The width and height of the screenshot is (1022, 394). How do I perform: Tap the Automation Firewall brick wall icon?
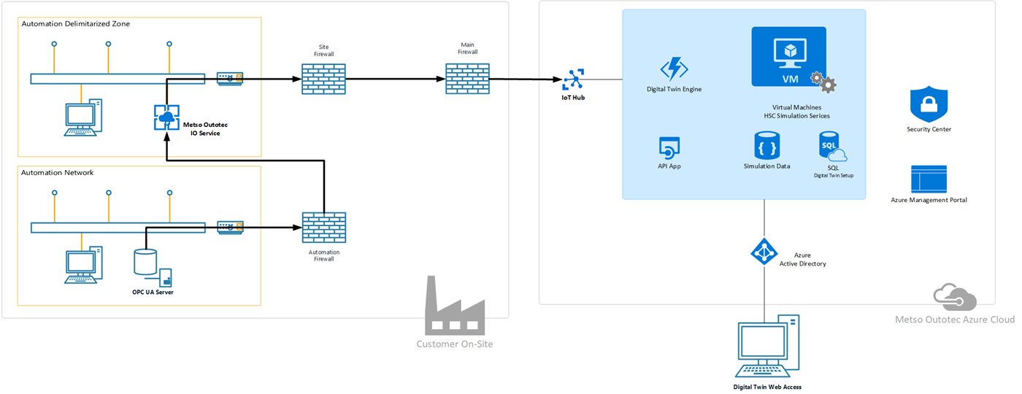point(323,228)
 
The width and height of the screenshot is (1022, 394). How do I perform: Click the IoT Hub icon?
point(572,78)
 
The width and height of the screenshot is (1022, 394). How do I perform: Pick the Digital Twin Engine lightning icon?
point(674,69)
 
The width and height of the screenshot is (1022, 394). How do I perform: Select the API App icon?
point(669,148)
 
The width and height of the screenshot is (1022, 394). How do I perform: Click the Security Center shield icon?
point(928,105)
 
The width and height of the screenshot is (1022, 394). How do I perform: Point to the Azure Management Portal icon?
point(929,179)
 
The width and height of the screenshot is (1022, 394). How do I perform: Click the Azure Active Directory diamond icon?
point(764,252)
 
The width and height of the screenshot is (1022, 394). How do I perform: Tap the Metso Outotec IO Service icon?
point(167,117)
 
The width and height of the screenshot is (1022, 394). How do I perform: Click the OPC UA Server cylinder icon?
point(145,263)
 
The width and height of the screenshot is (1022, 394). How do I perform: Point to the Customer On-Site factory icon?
point(455,306)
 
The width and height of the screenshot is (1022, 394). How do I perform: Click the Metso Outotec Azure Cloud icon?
point(955,297)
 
